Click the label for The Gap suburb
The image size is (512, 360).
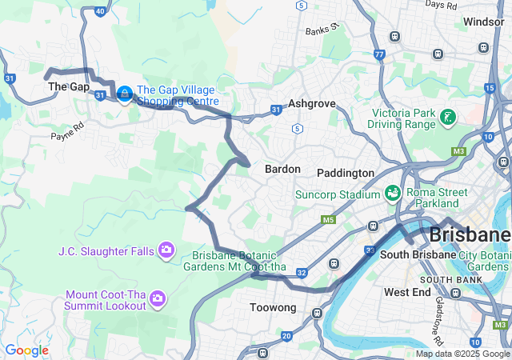pos(68,86)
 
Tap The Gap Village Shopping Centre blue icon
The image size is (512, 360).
pos(124,94)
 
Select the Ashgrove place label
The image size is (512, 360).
pos(311,104)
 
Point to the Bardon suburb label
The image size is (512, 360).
pos(282,170)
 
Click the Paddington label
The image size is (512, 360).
pos(346,173)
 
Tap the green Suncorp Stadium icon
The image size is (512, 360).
pos(392,194)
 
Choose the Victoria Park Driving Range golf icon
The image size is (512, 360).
pos(448,118)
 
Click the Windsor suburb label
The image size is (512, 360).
pos(484,22)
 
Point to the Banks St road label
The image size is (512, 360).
pos(322,30)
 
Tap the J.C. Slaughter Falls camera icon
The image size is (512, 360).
pos(166,251)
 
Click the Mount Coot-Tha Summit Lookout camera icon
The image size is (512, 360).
pos(158,298)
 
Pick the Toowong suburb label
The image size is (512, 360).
pos(274,308)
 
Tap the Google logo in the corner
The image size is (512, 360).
pos(26,350)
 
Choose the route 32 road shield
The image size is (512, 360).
pos(301,273)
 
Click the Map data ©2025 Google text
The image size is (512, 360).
pos(462,354)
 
